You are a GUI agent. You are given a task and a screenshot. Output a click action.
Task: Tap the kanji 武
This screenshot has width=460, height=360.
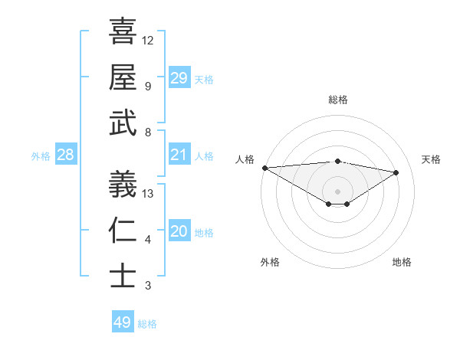(123, 123)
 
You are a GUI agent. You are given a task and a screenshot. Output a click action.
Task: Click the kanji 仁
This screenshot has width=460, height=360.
(123, 231)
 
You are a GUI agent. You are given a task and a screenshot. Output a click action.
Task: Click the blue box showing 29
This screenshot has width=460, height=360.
(179, 78)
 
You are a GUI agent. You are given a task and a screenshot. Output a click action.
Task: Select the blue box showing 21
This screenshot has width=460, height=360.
(179, 155)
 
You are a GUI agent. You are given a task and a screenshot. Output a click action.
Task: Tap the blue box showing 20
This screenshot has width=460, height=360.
(179, 232)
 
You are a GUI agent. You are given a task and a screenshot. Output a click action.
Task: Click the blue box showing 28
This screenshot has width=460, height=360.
(66, 155)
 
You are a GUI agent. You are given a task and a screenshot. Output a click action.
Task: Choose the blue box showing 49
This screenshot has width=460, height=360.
(123, 322)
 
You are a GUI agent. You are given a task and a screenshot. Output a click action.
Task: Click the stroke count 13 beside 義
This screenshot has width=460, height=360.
(149, 193)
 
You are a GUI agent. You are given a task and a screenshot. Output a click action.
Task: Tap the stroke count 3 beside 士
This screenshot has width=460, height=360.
(148, 286)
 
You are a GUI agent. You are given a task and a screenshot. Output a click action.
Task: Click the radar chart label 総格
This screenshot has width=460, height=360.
(337, 100)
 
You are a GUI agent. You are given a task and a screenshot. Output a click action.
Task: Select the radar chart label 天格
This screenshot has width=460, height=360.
(431, 159)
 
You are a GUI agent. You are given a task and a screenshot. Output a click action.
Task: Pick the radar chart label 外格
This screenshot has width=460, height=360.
(270, 262)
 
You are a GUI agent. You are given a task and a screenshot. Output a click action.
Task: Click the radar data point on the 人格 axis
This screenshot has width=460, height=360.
(264, 167)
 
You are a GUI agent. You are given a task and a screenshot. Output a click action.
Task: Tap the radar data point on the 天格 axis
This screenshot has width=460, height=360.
(396, 172)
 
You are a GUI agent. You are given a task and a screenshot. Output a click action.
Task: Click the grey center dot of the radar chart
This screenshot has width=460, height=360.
(337, 191)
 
